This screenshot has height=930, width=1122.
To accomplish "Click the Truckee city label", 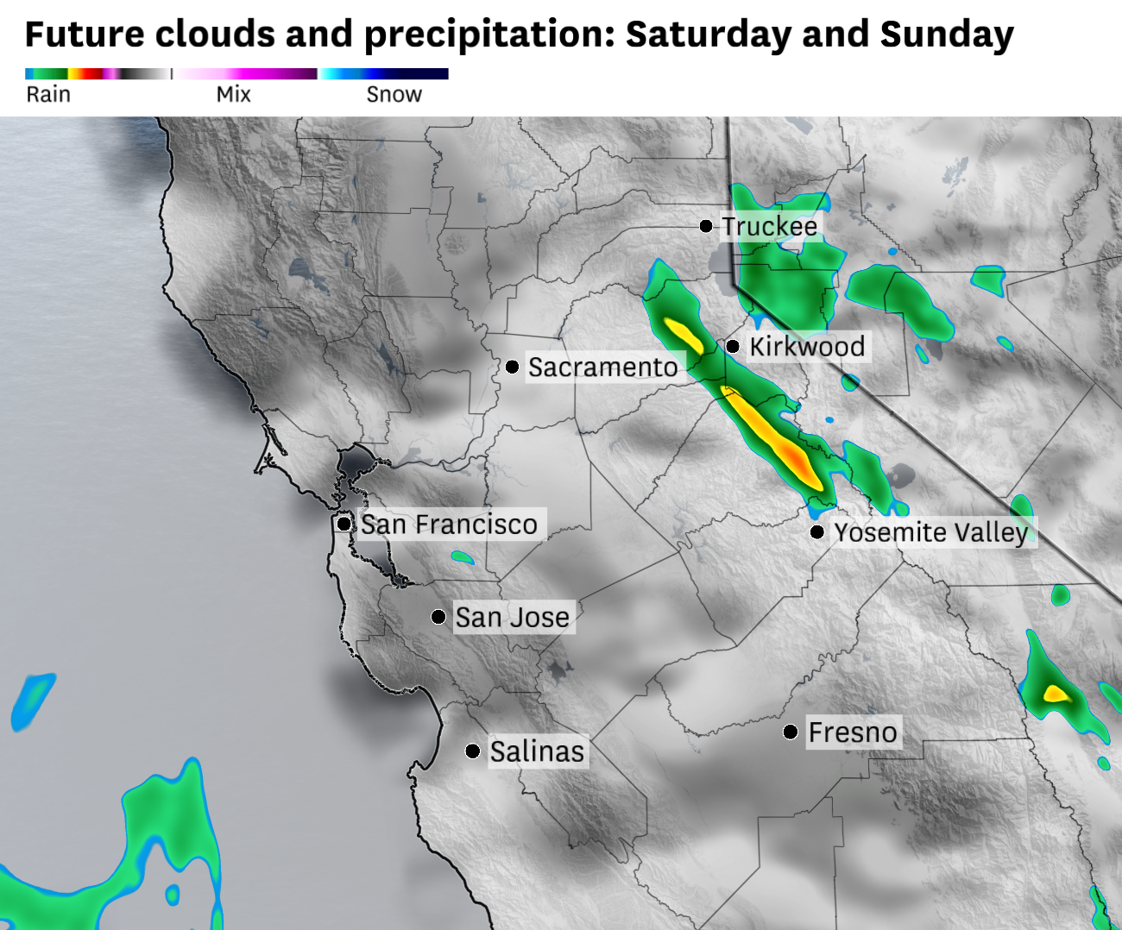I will pyautogui.click(x=769, y=226).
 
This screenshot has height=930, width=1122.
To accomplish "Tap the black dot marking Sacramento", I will pyautogui.click(x=512, y=368).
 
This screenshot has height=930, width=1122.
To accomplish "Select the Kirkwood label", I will pyautogui.click(x=807, y=347).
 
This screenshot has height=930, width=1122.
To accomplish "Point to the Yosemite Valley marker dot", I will pyautogui.click(x=816, y=532).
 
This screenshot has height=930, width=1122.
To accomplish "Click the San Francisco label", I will pyautogui.click(x=449, y=525).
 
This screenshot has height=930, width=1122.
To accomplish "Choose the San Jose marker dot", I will pyautogui.click(x=438, y=617).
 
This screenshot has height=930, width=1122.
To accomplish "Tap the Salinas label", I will pyautogui.click(x=537, y=751).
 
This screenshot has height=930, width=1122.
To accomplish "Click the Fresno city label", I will pyautogui.click(x=853, y=732).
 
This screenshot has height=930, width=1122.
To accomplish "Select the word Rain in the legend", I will pyautogui.click(x=48, y=94).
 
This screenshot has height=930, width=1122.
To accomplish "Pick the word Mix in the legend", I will pyautogui.click(x=233, y=94).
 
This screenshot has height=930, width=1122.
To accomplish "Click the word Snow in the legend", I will pyautogui.click(x=394, y=94).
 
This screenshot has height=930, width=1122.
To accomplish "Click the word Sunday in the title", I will pyautogui.click(x=947, y=35).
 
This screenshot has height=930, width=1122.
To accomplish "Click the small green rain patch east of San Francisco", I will pyautogui.click(x=463, y=558).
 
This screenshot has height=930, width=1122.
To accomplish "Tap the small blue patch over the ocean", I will pyautogui.click(x=32, y=701).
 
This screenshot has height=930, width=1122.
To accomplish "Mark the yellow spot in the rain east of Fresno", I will pyautogui.click(x=1055, y=693).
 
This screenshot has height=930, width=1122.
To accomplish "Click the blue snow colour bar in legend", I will pyautogui.click(x=384, y=74).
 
